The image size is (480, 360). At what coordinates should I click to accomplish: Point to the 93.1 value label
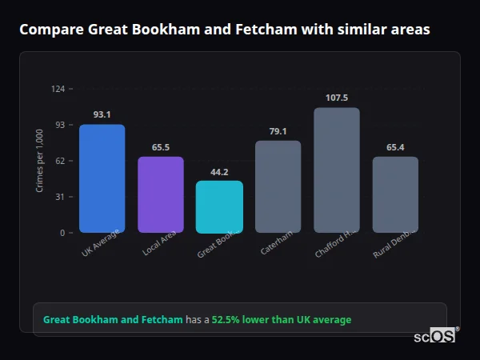click(x=102, y=114)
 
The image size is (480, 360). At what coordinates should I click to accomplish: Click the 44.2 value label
click(x=219, y=172)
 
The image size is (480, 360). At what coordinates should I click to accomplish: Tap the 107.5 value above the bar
click(x=337, y=98)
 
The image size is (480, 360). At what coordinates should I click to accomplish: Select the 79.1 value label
click(x=278, y=131)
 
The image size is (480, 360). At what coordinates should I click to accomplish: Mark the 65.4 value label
click(x=395, y=147)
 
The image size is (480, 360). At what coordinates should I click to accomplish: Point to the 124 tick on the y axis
click(x=58, y=89)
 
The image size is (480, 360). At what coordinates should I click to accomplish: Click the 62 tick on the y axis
click(x=60, y=161)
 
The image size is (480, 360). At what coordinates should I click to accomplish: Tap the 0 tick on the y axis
click(x=62, y=233)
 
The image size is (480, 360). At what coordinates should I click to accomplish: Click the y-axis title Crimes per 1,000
click(x=39, y=161)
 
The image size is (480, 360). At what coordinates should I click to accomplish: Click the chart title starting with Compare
click(x=224, y=30)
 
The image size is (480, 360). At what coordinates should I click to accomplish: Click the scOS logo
click(x=435, y=337)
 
